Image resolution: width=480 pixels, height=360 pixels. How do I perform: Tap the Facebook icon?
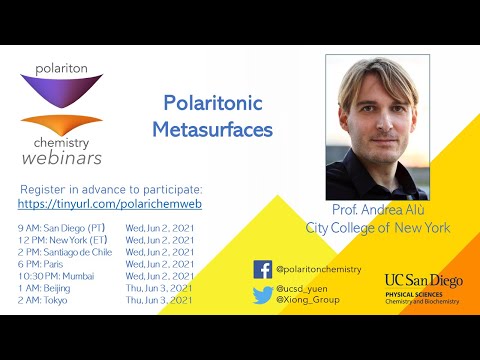[x=263, y=269]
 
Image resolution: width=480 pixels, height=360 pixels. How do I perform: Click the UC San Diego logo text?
[x=423, y=281]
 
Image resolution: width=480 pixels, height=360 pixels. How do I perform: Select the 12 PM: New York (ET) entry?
[x=63, y=239]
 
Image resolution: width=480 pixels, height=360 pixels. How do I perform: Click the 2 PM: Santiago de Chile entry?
[x=66, y=250]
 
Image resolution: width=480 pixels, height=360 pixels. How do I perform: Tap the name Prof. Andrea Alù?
[x=377, y=212]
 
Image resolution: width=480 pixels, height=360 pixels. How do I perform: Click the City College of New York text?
[x=377, y=228]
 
